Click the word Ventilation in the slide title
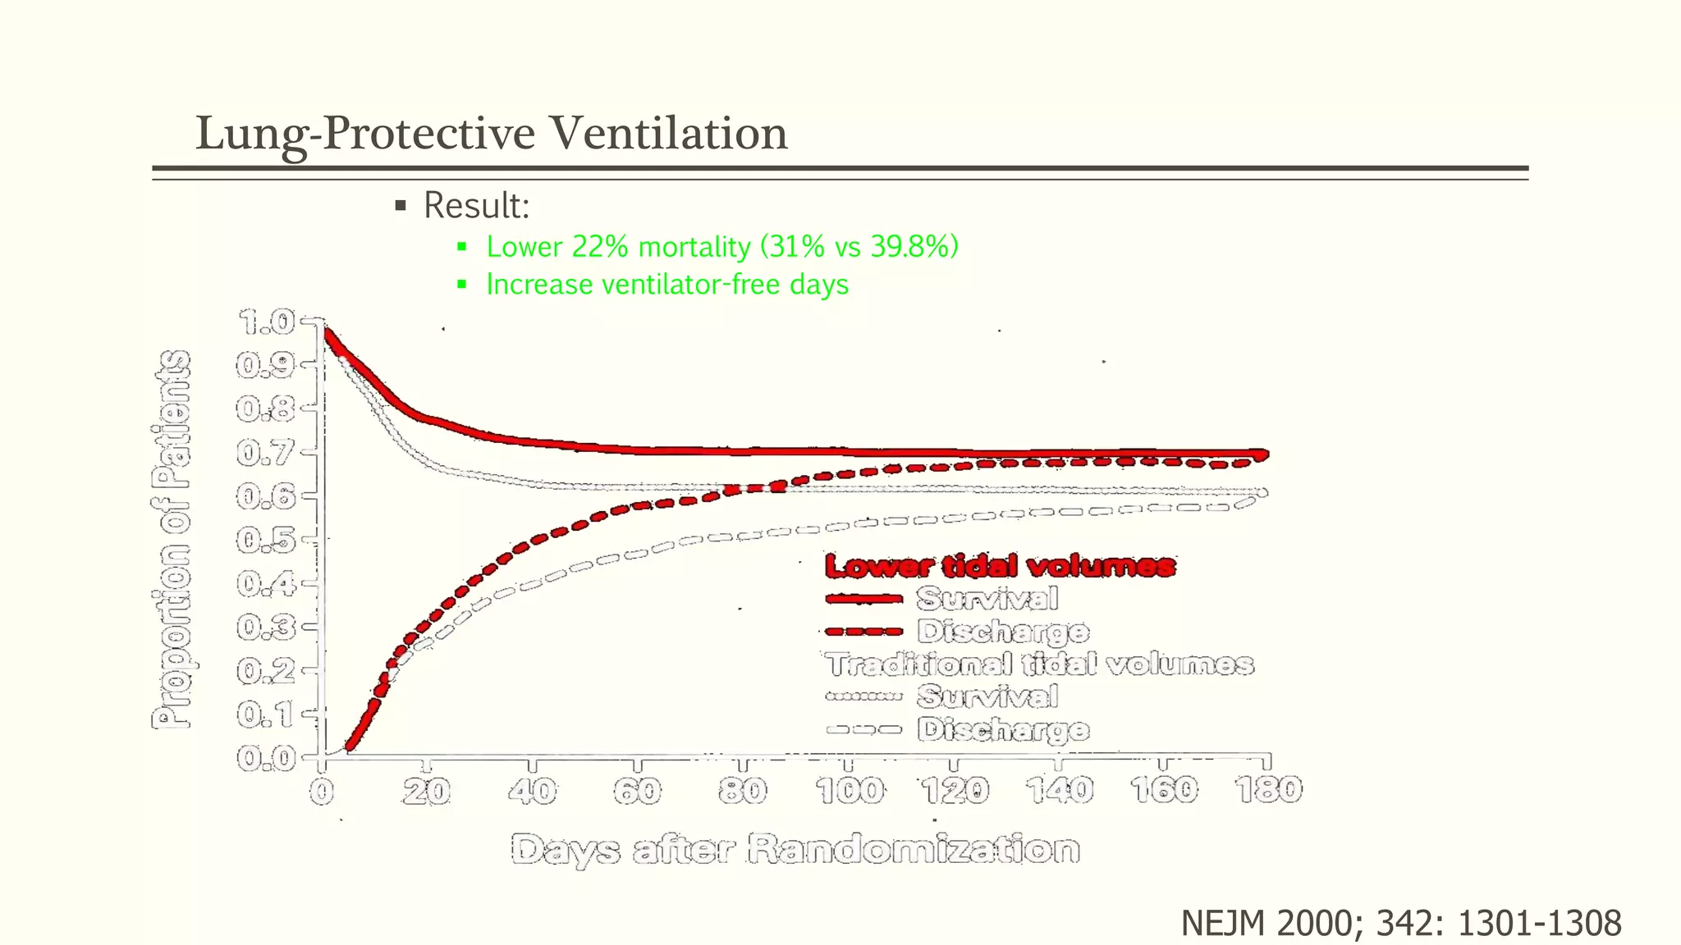click(667, 133)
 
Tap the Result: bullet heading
click(476, 205)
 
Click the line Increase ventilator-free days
click(666, 285)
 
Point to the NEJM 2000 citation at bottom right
click(1400, 923)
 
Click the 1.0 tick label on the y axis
click(265, 322)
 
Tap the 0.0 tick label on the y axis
click(265, 759)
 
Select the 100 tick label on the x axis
click(850, 791)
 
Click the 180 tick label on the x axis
click(1268, 790)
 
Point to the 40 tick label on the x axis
click(533, 791)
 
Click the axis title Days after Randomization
click(795, 849)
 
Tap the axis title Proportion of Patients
click(172, 539)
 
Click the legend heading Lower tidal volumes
click(1000, 566)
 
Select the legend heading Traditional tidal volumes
click(1039, 664)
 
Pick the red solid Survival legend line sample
click(863, 599)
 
